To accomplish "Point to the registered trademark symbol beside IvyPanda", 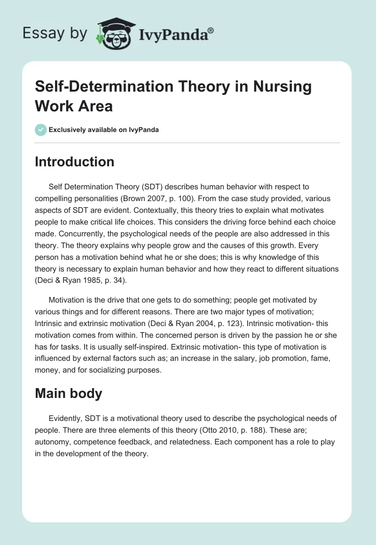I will pyautogui.click(x=211, y=30).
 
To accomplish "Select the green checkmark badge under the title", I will pyautogui.click(x=41, y=130).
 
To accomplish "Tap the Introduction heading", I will pyautogui.click(x=74, y=162).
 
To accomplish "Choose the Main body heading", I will pyautogui.click(x=69, y=393).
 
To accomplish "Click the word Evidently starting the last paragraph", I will pyautogui.click(x=66, y=418).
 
